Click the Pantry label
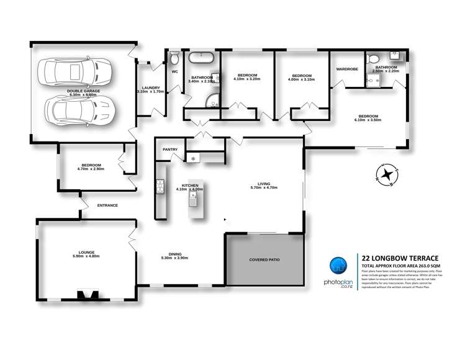pos(170,150)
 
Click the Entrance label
pos(107,205)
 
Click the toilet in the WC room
pos(174,59)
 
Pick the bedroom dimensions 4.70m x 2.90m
pos(90,168)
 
